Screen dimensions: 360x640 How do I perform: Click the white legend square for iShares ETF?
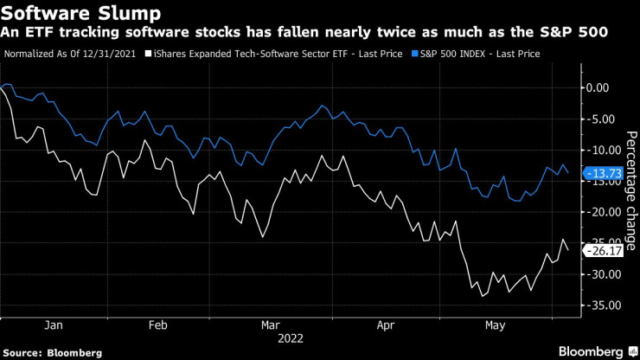[149, 54]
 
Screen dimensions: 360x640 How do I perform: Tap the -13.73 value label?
[605, 173]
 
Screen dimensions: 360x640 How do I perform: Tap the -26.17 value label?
[605, 251]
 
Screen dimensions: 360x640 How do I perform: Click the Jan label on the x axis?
[53, 325]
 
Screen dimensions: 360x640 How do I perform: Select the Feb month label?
[157, 325]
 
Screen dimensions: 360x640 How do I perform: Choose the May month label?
[495, 325]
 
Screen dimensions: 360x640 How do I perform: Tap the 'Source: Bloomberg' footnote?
[53, 352]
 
